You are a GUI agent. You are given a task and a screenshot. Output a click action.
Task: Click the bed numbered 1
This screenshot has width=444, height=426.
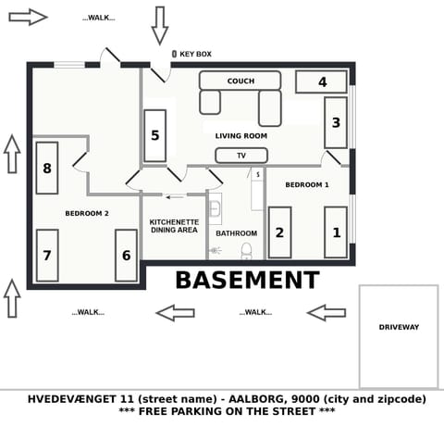[336, 232]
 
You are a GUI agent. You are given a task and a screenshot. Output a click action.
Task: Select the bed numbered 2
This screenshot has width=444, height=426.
[279, 232]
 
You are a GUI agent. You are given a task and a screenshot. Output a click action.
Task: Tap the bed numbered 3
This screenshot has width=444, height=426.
[336, 122]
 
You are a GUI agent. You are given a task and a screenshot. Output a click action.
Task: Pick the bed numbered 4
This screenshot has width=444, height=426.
[322, 81]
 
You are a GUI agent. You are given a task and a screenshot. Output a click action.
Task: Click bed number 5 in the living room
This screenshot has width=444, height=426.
[155, 135]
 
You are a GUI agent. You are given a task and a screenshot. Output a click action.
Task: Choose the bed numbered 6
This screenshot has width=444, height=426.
[126, 255]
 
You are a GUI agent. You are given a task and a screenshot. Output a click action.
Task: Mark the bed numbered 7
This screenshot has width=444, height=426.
[47, 255]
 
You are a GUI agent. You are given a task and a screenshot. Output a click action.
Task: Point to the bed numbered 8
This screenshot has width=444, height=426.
[47, 168]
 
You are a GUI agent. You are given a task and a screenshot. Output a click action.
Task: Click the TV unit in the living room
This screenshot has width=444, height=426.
[241, 156]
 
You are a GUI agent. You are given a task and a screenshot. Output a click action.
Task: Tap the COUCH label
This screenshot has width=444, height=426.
[240, 81]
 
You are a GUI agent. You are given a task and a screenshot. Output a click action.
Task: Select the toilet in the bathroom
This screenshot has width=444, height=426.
[246, 250]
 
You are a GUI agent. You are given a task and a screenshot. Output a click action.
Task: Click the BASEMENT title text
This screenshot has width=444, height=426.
[247, 281]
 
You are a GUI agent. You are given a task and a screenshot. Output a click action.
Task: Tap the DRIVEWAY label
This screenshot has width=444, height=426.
[399, 327]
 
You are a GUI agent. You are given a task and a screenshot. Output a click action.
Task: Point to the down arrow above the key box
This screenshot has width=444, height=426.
[159, 25]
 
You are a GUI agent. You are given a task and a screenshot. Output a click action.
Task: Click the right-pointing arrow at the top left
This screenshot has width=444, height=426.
[27, 17]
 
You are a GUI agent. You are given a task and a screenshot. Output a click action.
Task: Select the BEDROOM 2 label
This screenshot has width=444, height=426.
[87, 214]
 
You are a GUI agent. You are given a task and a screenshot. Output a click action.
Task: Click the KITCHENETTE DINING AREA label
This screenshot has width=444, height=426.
[174, 226]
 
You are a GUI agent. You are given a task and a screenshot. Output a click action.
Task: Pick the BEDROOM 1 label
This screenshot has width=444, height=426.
[306, 185]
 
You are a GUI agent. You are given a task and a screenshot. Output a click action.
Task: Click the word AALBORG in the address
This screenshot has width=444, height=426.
[248, 399]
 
